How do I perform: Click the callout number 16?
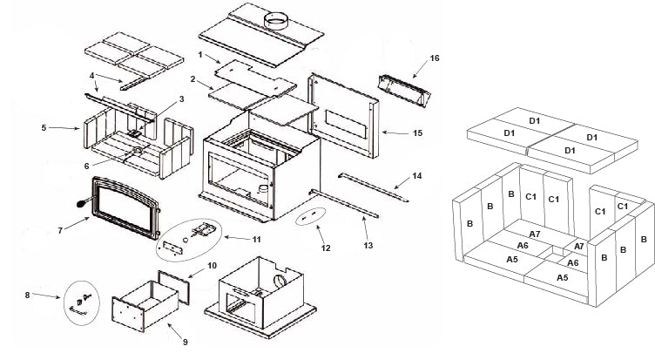tap(434, 58)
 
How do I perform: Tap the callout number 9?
tap(184, 341)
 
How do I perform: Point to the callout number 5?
tap(43, 128)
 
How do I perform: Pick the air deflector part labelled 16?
tap(403, 89)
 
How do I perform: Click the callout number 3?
tap(181, 98)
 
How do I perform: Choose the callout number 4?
tap(91, 77)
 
